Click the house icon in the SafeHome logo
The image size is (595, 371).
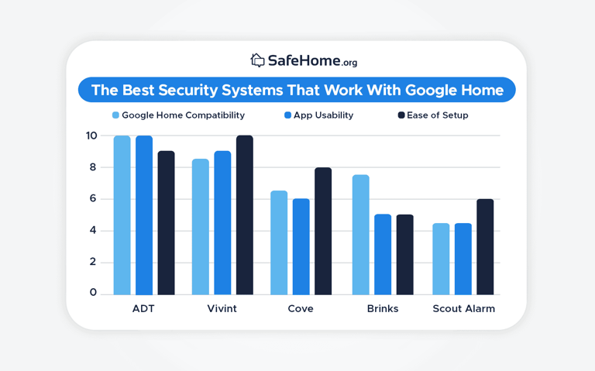tap(257, 60)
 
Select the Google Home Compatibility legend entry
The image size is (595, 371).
tap(178, 115)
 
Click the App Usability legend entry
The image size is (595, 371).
tap(318, 115)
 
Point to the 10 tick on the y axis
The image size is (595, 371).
tap(91, 136)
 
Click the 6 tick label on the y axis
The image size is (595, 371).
tap(92, 199)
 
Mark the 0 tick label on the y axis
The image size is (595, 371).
tap(92, 293)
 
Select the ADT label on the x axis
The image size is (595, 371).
tap(143, 308)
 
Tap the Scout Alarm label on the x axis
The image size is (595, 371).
tap(463, 308)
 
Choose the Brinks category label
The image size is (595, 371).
tap(383, 308)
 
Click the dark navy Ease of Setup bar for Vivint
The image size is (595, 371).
tap(244, 215)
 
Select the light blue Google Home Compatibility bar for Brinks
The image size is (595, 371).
tap(361, 235)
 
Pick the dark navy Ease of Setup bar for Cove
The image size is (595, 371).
tap(323, 231)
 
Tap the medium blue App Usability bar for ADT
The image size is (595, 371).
tap(144, 215)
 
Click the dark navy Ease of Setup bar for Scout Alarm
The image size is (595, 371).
tap(485, 246)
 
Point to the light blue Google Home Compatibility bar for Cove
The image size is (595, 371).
tap(279, 242)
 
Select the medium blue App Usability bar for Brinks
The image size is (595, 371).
tap(383, 254)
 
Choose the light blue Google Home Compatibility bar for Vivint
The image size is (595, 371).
tap(201, 227)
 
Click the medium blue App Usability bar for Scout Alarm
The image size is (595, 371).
tap(463, 259)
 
